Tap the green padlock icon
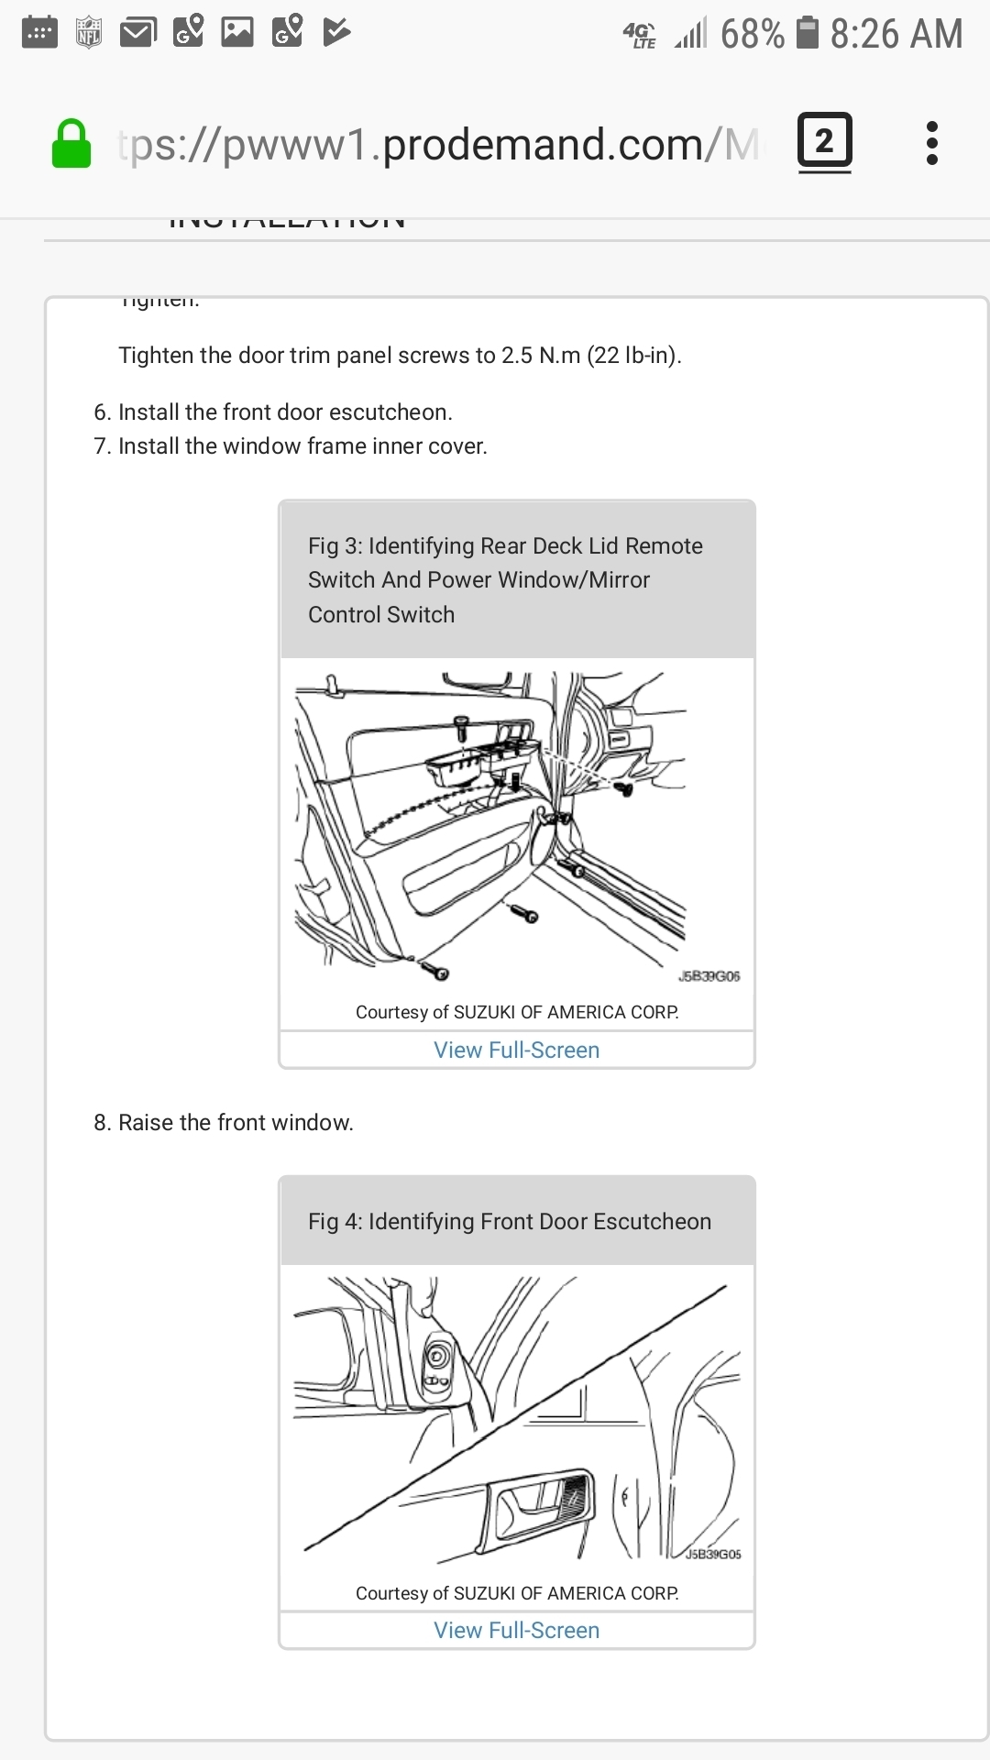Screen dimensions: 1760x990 [71, 145]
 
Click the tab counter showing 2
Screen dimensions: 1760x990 [824, 142]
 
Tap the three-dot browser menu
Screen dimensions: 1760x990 [931, 143]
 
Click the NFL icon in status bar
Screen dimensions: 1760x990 [89, 33]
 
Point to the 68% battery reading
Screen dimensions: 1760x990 [752, 35]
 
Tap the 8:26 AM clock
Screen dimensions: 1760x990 [896, 35]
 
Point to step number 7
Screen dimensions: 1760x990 [102, 446]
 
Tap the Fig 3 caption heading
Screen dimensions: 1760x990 [505, 579]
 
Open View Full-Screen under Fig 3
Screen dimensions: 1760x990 [516, 1050]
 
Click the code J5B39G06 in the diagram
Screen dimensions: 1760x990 [709, 976]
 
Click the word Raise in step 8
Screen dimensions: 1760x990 [146, 1123]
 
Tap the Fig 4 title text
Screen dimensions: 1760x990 [509, 1222]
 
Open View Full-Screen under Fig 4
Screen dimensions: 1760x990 [516, 1631]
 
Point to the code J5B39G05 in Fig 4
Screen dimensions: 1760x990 [713, 1554]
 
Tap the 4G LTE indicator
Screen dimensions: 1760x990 [639, 35]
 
